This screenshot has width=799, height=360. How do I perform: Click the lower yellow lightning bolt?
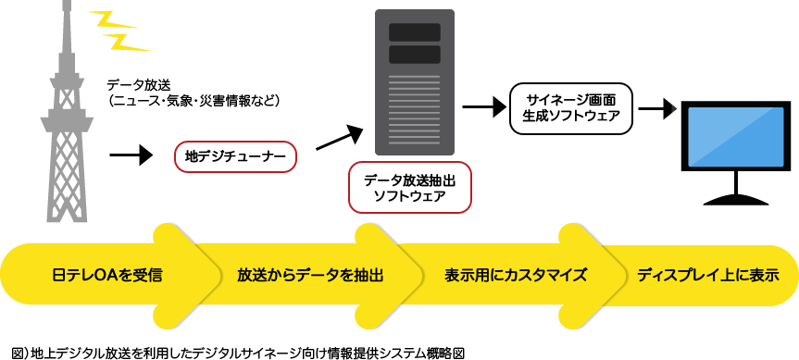127,41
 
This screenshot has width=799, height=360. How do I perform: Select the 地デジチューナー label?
236,157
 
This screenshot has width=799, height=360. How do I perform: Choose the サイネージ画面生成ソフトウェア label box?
571,109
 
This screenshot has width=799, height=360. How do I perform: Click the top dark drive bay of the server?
414,32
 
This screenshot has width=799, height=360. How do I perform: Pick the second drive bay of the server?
414,55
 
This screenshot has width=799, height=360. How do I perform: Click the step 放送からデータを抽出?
310,276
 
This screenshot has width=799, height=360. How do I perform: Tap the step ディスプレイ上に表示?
707,276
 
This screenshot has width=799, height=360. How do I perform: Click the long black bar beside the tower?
193,92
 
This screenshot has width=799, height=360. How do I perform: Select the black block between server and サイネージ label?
479,107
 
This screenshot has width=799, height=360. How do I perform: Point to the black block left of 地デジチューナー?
131,155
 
